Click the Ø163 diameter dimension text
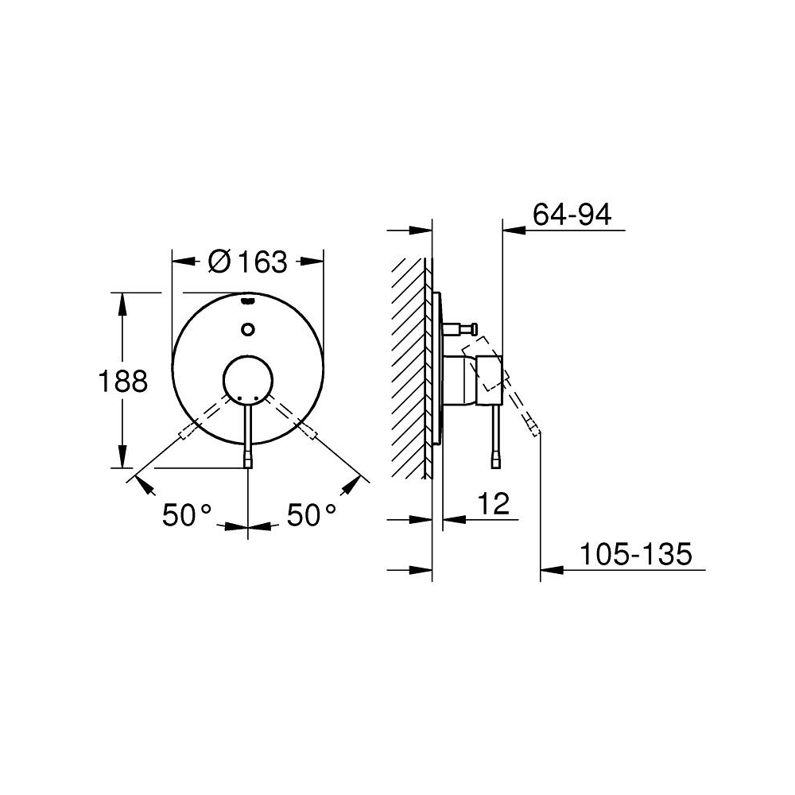click(247, 261)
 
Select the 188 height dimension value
click(122, 382)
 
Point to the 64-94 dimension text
click(572, 215)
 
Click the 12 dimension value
click(494, 504)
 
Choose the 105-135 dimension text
click(634, 554)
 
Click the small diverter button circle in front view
click(248, 328)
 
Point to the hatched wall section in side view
click(410, 366)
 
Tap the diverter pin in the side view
click(462, 328)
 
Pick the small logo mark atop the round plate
click(248, 301)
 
